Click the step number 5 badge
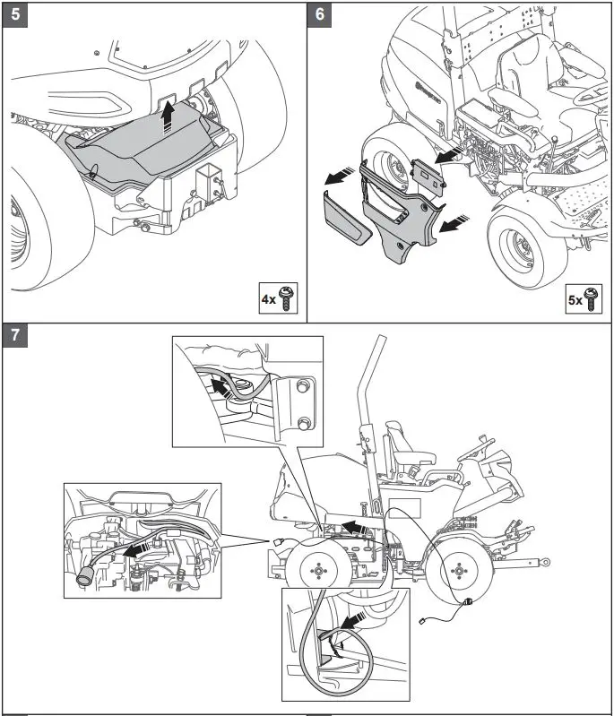(15, 14)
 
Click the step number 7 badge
(15, 334)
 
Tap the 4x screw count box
(278, 299)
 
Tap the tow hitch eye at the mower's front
(542, 563)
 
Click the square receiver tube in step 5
(209, 189)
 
